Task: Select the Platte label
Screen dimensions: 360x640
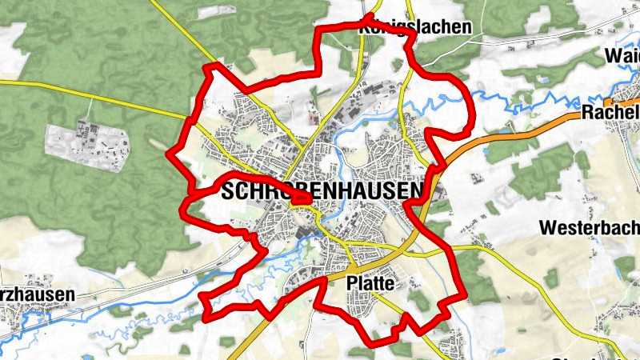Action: [371, 283]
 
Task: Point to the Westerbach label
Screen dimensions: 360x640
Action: [589, 227]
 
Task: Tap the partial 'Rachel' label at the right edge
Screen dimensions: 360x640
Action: [612, 112]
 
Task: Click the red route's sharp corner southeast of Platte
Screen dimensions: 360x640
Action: [462, 297]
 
